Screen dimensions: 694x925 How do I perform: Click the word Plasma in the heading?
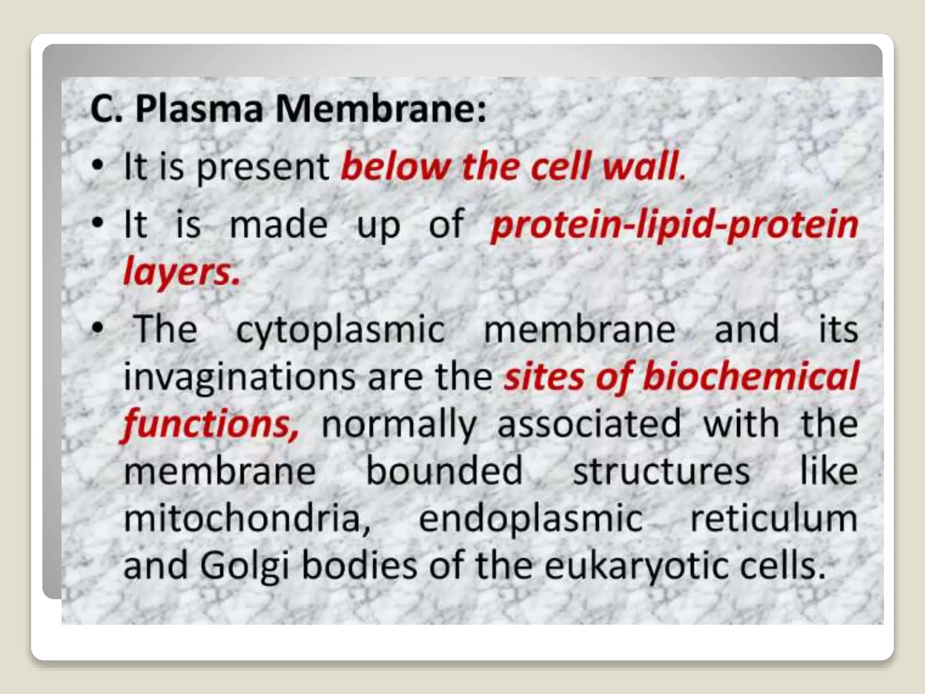coord(199,110)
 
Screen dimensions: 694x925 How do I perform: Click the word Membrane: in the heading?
coord(381,110)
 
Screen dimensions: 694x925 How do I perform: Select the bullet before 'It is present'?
coord(97,167)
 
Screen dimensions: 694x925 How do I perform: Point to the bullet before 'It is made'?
coord(97,223)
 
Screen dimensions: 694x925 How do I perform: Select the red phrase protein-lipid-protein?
coord(674,225)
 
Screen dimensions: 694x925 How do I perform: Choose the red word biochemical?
coord(750,377)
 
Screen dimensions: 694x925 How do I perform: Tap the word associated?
coord(589,424)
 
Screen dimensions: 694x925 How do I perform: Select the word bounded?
coord(444,471)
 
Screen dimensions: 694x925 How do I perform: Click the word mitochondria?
coord(247,518)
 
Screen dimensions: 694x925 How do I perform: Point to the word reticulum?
coord(773,518)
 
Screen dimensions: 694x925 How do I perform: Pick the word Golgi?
coord(244,566)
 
